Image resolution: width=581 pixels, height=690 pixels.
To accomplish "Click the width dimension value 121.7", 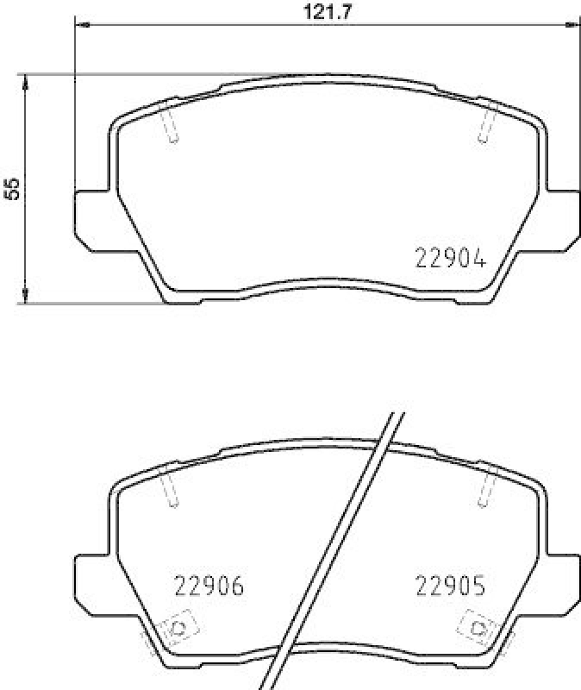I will (326, 11).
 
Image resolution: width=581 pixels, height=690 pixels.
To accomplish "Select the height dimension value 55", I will (12, 189).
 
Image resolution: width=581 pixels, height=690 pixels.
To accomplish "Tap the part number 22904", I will (451, 257).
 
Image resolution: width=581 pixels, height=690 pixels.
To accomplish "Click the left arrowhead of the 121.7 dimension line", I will (83, 25).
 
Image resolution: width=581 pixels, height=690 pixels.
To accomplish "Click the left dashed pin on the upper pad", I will (170, 122).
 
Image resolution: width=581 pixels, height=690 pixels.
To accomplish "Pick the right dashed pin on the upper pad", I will (486, 122).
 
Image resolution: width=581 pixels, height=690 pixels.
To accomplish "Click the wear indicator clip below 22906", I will (178, 628).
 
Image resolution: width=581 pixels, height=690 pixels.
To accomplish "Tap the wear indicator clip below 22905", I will (477, 628).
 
